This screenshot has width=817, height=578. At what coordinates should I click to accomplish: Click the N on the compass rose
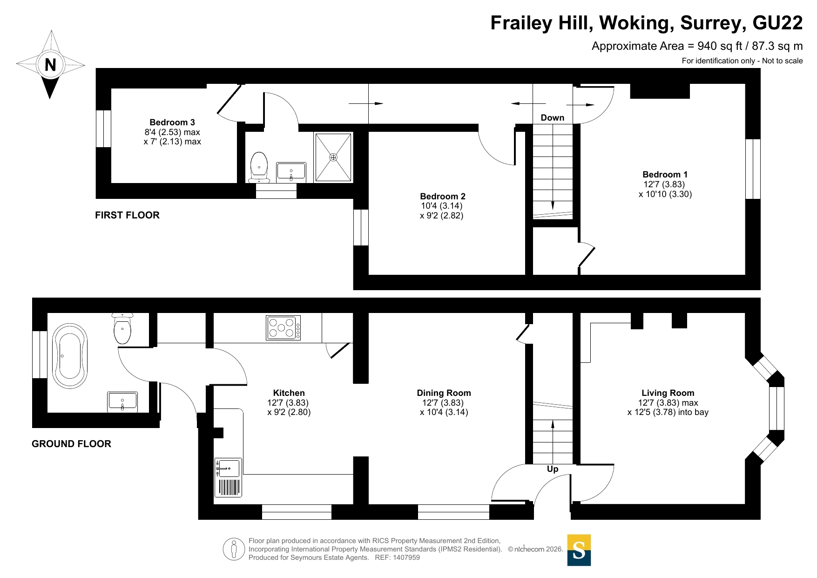[x=50, y=65]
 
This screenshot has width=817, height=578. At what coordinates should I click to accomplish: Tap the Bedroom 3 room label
[x=172, y=122]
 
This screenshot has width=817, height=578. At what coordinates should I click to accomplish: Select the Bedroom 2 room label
[x=443, y=197]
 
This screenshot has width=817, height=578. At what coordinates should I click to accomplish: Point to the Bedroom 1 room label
[x=665, y=175]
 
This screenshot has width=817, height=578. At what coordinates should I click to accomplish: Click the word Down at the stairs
[x=553, y=118]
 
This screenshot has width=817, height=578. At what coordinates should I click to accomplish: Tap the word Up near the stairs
[x=553, y=469]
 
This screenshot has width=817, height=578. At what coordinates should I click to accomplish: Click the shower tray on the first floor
[x=333, y=157]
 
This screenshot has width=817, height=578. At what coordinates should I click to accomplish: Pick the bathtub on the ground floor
[x=70, y=356]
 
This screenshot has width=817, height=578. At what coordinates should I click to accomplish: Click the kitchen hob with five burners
[x=283, y=327]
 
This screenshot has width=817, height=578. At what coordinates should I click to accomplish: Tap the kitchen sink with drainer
[x=228, y=477]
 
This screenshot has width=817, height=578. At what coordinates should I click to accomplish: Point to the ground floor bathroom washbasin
[x=122, y=402]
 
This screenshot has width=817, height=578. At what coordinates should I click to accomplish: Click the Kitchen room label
[x=289, y=393]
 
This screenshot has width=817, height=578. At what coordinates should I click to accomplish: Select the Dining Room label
[x=444, y=393]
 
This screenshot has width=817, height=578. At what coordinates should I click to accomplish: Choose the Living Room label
[x=668, y=393]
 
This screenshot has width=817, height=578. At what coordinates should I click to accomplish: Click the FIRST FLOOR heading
[x=127, y=215]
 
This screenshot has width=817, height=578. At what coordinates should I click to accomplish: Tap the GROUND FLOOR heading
[x=71, y=444]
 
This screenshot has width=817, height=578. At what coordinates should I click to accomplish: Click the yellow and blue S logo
[x=579, y=550]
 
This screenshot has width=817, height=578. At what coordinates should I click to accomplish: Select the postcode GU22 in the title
[x=777, y=23]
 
